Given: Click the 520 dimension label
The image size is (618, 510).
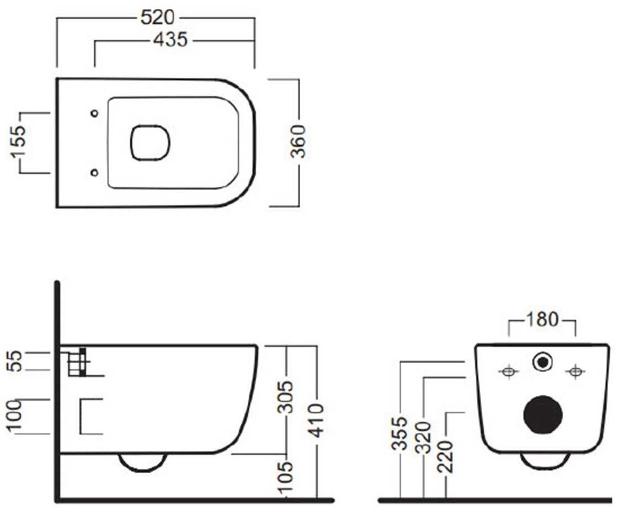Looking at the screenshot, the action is tap(157, 17).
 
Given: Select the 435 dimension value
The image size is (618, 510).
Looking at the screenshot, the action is tap(171, 40).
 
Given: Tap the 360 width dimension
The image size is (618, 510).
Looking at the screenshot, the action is tap(298, 141).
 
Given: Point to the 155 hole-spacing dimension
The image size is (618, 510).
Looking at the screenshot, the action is tap(18, 142).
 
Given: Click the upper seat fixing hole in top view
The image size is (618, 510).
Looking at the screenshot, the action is tap(94, 114).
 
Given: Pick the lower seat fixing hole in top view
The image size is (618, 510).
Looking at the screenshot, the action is tap(94, 173).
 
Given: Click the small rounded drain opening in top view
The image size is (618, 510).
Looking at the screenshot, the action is tap(150, 143).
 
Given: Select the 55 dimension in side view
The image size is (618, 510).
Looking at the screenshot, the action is tap(14, 361).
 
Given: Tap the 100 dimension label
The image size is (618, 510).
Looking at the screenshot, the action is tap(14, 416).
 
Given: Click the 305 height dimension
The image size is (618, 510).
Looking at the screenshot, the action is tap(285, 397).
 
